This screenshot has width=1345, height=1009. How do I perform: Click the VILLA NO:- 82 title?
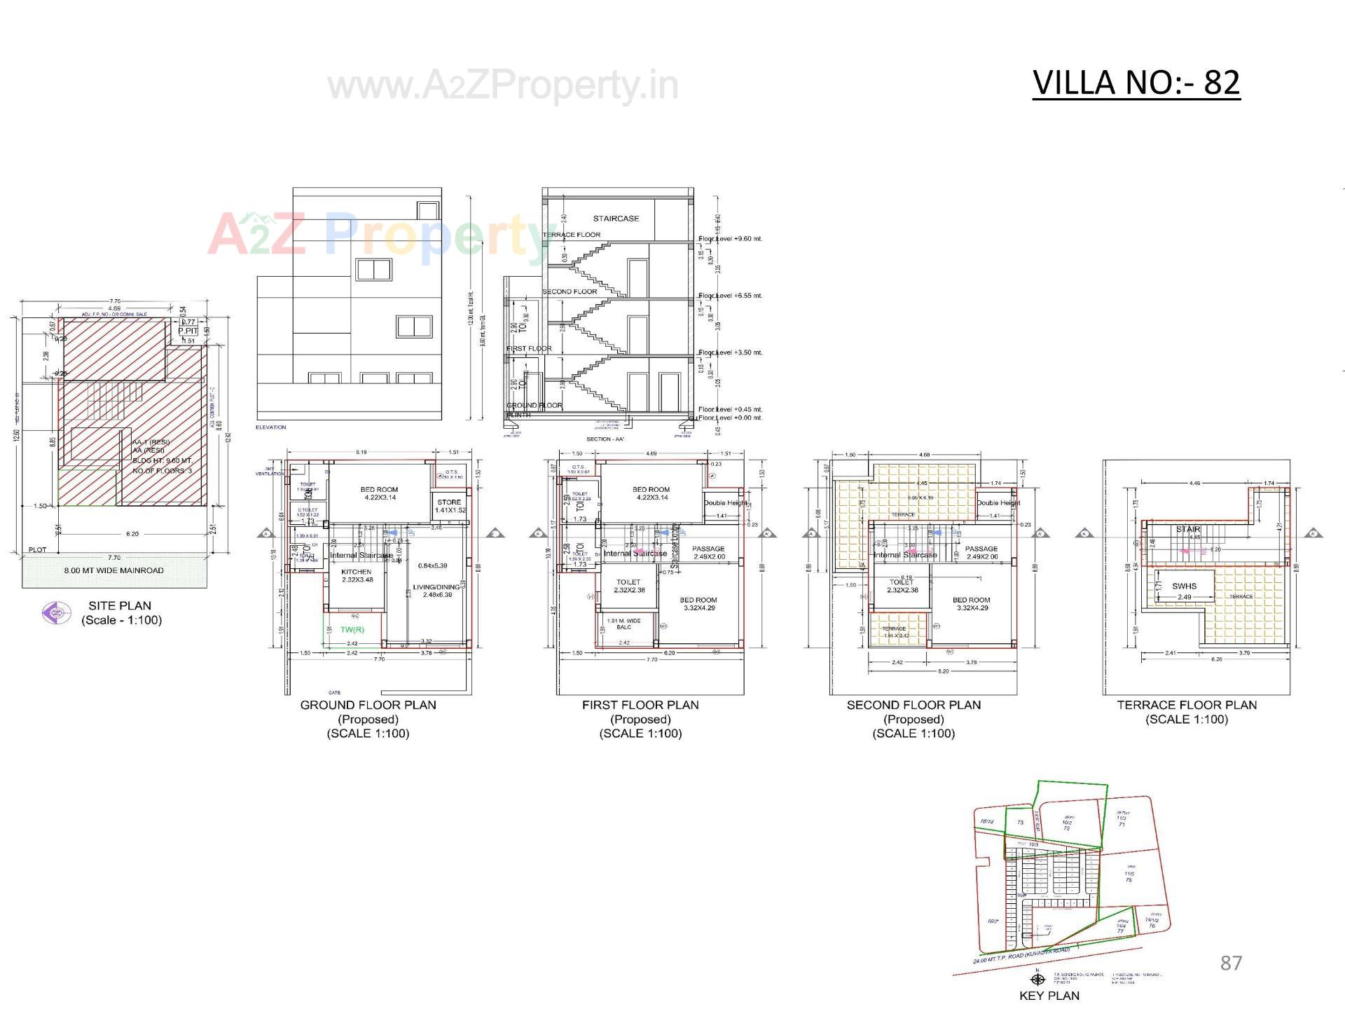(x=1136, y=83)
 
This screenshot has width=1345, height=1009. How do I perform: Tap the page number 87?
(x=1231, y=963)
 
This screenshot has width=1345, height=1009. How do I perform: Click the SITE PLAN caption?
(x=120, y=605)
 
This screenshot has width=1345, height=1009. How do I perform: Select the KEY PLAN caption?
(x=1049, y=995)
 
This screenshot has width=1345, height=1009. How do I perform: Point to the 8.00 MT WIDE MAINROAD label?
(x=113, y=570)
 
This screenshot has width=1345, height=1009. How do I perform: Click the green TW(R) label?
(x=352, y=629)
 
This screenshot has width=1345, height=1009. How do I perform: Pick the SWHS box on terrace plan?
(x=1184, y=586)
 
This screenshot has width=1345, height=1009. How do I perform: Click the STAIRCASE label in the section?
(x=616, y=219)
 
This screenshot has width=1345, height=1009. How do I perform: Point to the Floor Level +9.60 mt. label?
(x=730, y=239)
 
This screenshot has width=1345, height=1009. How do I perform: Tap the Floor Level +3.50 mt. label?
(x=730, y=352)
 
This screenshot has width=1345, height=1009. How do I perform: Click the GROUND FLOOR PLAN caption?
(x=368, y=705)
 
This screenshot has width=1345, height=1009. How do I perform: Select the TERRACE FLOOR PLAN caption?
(x=1187, y=705)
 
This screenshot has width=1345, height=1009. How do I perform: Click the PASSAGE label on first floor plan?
(x=708, y=549)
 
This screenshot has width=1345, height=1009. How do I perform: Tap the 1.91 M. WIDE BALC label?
(x=623, y=624)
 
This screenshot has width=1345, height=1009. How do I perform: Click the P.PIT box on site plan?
(x=188, y=331)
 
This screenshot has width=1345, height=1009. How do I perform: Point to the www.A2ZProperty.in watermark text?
(x=503, y=85)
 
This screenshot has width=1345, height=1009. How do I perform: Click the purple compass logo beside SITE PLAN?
(x=56, y=613)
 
